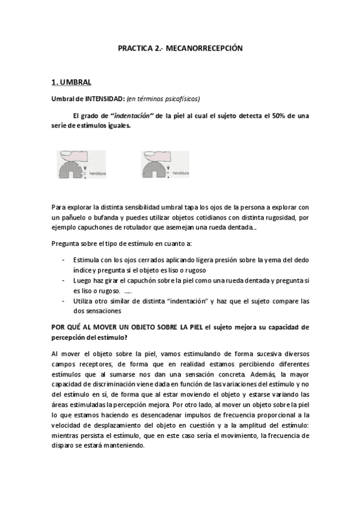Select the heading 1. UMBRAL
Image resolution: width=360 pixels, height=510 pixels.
71,82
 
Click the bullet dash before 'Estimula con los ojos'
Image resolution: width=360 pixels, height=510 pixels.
64,259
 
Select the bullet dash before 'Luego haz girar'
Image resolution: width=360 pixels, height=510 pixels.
64,280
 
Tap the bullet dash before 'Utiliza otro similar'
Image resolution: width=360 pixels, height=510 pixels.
64,301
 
